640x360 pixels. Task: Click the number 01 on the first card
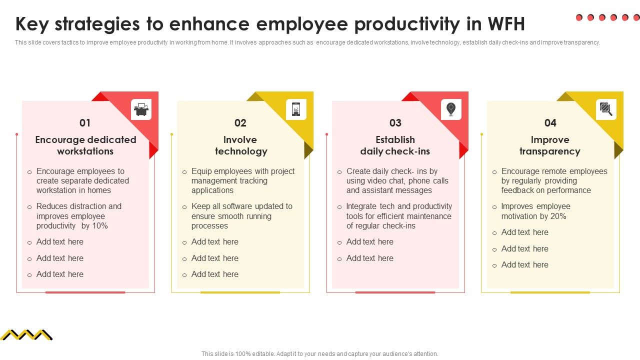(85, 123)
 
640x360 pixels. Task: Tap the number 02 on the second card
(240, 123)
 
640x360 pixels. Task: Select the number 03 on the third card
(395, 123)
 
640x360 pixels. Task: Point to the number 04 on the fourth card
(550, 123)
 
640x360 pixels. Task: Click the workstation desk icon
(141, 109)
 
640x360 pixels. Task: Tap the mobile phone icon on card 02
(296, 109)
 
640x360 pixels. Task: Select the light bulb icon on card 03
(451, 109)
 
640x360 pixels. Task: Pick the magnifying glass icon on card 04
(606, 109)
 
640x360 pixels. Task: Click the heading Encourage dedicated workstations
(85, 145)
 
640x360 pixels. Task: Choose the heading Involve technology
(240, 145)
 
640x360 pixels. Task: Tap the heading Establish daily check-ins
(395, 145)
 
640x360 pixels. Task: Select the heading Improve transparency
(550, 145)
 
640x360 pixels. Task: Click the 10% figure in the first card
(100, 226)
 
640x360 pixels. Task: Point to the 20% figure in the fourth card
(558, 216)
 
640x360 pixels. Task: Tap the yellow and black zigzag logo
(26, 334)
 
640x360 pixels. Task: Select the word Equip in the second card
(201, 171)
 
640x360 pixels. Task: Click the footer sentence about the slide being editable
(320, 354)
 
